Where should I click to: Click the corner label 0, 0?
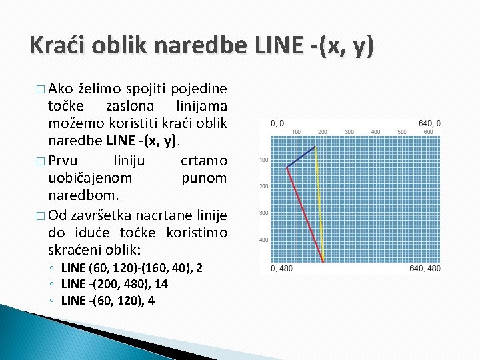pyautogui.click(x=277, y=123)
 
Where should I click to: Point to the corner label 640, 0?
pyautogui.click(x=429, y=123)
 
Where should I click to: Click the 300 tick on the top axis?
pyautogui.click(x=349, y=132)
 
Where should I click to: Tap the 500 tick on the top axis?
pyautogui.click(x=402, y=132)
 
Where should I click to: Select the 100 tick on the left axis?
pyautogui.click(x=263, y=160)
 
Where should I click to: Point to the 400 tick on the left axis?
pyautogui.click(x=263, y=239)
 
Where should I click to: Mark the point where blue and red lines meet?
pyautogui.click(x=287, y=167)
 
